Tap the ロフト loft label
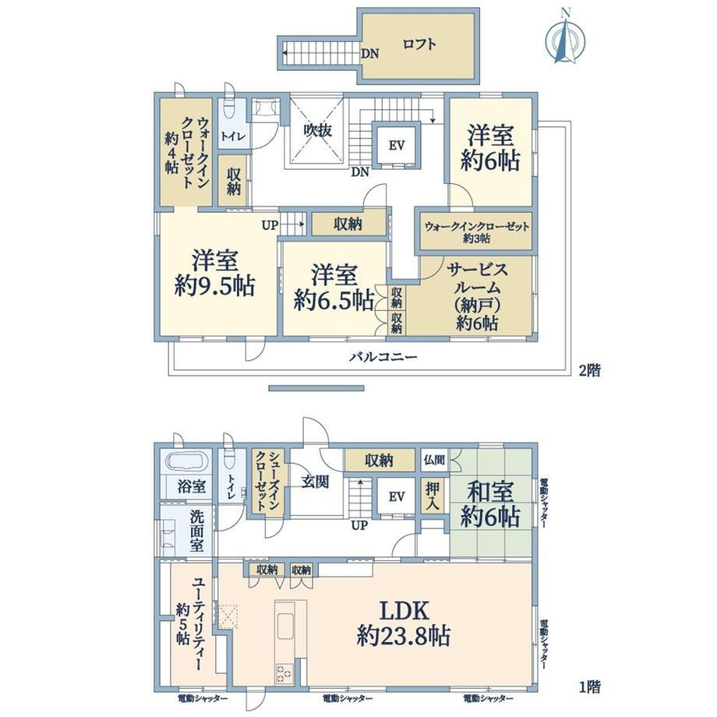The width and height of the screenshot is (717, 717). coord(419,45)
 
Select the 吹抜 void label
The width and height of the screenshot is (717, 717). coord(317,131)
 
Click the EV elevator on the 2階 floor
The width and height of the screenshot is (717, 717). coord(397,146)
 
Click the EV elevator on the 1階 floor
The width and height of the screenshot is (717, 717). coord(397,496)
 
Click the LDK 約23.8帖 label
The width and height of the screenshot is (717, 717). coord(404,623)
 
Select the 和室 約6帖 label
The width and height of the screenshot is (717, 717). coord(490,504)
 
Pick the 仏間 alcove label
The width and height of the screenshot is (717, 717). coord(434,460)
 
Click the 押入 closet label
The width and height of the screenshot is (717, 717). coord(433,496)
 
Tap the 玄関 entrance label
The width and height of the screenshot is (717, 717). coord(315,482)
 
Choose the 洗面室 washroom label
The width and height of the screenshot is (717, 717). coord(197,531)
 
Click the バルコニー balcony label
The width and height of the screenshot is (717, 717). coord(383,357)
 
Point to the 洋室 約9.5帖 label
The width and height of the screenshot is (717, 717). coord(214,273)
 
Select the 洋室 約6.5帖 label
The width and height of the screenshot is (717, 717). coord(334,288)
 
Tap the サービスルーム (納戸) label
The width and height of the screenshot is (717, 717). coord(477,296)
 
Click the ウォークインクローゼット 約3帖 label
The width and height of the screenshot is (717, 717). coord(477,231)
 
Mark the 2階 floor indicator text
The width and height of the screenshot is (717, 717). coord(589,370)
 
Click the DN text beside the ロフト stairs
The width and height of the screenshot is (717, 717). coord(370,54)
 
